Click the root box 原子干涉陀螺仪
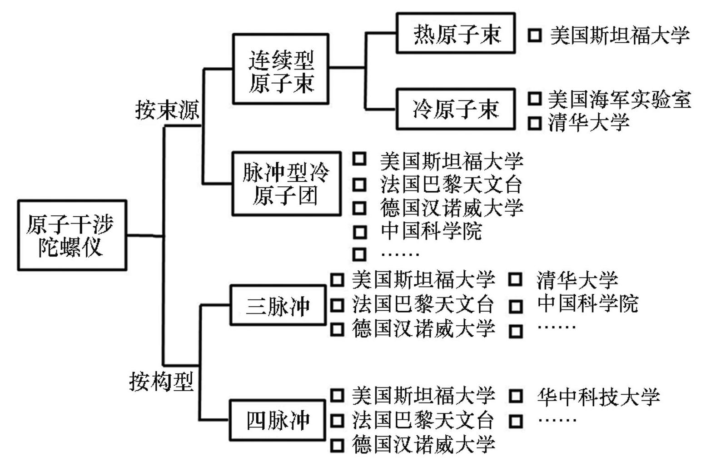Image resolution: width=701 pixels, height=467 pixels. pyautogui.click(x=72, y=235)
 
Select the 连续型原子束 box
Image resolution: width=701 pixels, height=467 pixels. pyautogui.click(x=281, y=69)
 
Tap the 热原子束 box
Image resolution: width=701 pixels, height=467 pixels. pyautogui.click(x=456, y=34)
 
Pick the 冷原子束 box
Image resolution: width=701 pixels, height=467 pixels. pyautogui.click(x=456, y=109)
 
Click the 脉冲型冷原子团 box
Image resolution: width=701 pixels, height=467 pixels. pyautogui.click(x=286, y=184)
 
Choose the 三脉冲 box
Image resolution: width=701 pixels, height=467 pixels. pyautogui.click(x=278, y=305)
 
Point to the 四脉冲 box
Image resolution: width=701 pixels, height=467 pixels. pyautogui.click(x=278, y=420)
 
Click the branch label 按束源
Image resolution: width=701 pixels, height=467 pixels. pyautogui.click(x=167, y=110)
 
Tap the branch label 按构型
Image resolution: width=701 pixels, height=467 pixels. pyautogui.click(x=161, y=381)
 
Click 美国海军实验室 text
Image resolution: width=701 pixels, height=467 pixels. pyautogui.click(x=619, y=99)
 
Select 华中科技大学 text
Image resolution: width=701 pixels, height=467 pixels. pyautogui.click(x=598, y=396)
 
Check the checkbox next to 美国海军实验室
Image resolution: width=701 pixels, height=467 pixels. pyautogui.click(x=535, y=99)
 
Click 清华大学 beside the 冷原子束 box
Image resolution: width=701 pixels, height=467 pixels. pyautogui.click(x=588, y=122)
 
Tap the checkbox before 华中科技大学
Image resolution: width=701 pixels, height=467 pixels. pyautogui.click(x=515, y=396)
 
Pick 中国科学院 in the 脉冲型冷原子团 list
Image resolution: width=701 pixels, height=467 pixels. pyautogui.click(x=431, y=231)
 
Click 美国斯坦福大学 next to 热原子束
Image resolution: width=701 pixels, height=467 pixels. pyautogui.click(x=620, y=35)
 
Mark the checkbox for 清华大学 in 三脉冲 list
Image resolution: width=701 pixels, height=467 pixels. pyautogui.click(x=515, y=279)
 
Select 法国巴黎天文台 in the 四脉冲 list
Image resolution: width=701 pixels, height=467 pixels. pyautogui.click(x=423, y=420)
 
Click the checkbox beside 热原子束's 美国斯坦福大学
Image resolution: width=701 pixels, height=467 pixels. pyautogui.click(x=535, y=35)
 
